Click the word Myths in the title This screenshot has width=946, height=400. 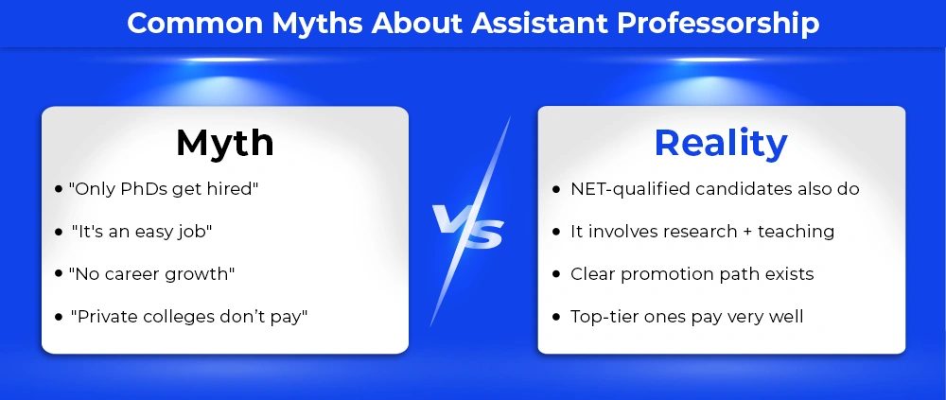click(x=317, y=25)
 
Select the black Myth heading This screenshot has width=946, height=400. click(x=225, y=143)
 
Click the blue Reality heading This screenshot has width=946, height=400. click(x=721, y=143)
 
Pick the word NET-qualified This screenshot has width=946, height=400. click(x=630, y=189)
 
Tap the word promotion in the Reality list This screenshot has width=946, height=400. click(x=664, y=275)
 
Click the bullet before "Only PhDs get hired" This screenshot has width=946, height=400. click(x=59, y=189)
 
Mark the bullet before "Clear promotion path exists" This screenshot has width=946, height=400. click(x=556, y=274)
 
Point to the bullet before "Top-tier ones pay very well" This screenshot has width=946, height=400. click(x=556, y=317)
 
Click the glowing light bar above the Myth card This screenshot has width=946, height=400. click(x=227, y=60)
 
